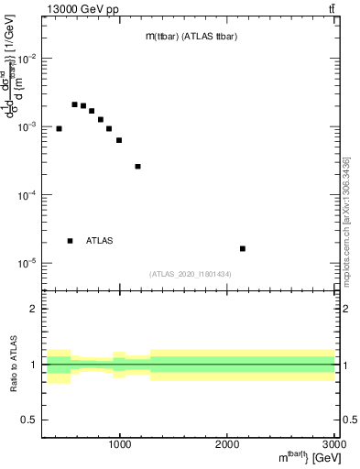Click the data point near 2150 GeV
pos(243,248)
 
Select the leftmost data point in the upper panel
pos(59,128)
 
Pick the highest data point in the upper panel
pos(74,104)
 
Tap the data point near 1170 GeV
pos(137,166)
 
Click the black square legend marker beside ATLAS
pos(70,241)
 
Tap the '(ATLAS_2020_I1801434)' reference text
pos(191,274)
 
